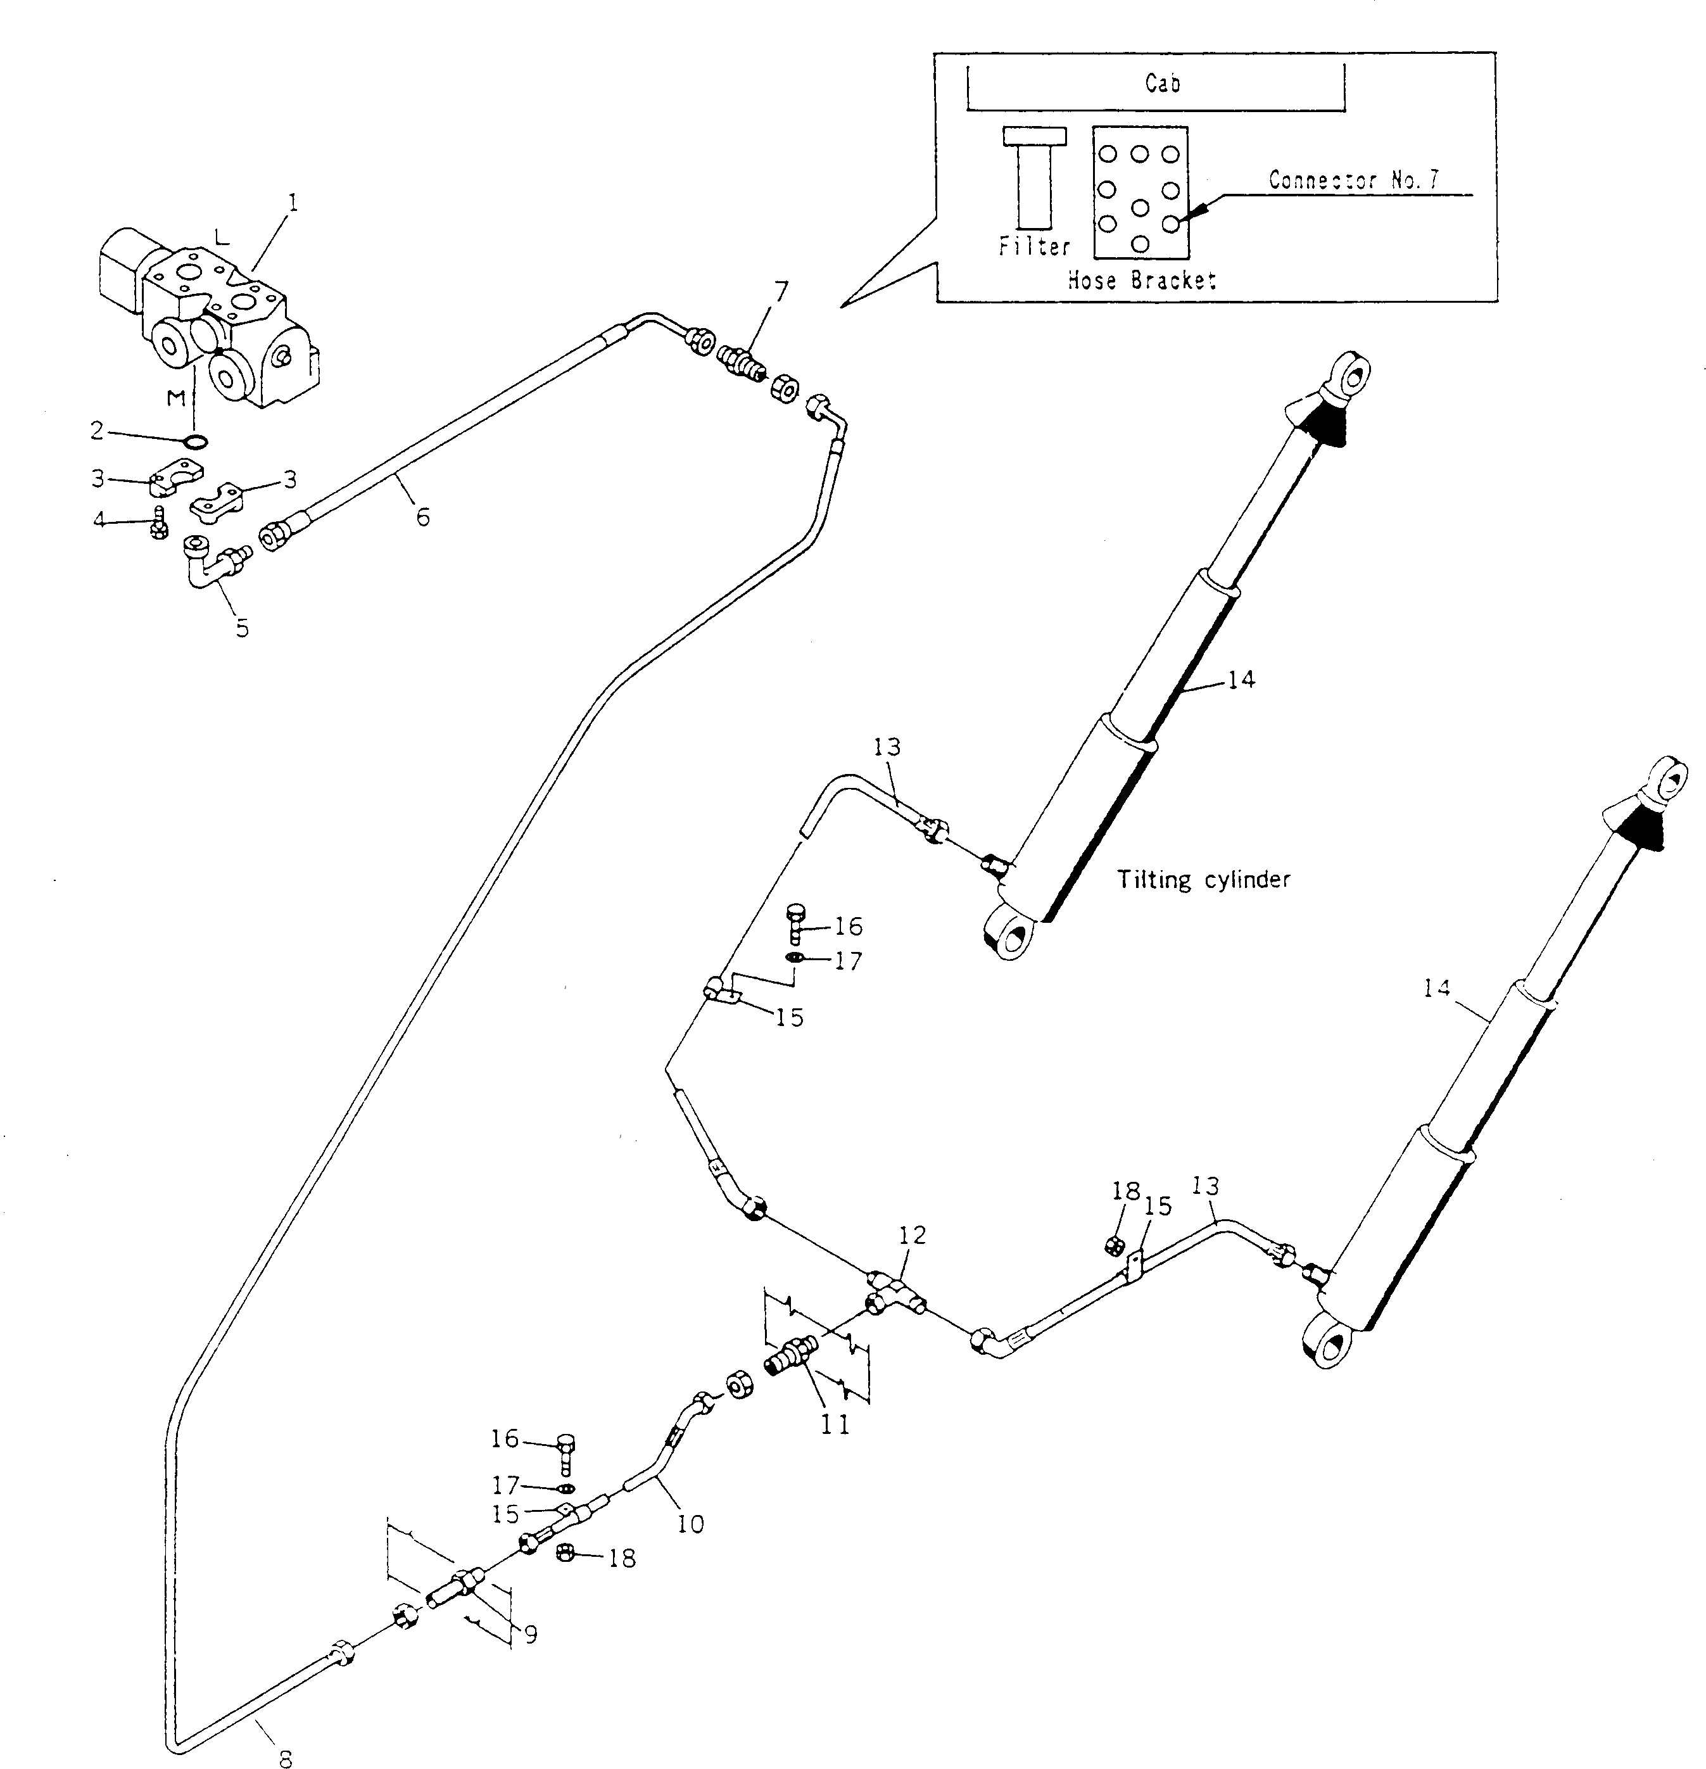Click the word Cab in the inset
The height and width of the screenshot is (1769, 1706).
[1162, 83]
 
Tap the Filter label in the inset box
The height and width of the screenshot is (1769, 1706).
[1034, 246]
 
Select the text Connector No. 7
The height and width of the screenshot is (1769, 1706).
[1354, 180]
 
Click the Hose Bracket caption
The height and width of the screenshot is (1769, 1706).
[1141, 280]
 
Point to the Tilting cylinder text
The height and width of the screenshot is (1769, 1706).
[1203, 879]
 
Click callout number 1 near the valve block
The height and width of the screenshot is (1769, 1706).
[291, 202]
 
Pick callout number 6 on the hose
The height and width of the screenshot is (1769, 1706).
[422, 517]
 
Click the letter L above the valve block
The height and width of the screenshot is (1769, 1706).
[222, 238]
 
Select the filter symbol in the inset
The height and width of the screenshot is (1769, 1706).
[1034, 178]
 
